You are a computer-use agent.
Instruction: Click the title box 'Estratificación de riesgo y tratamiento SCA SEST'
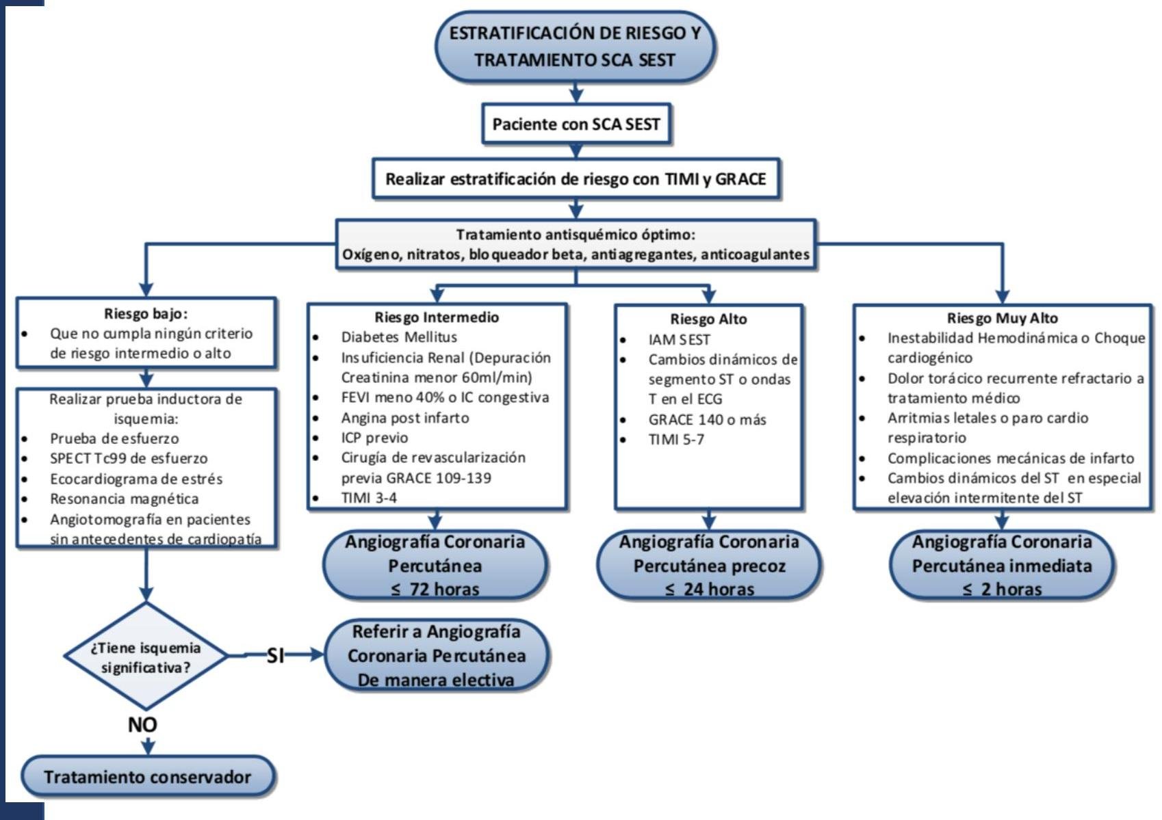(x=575, y=47)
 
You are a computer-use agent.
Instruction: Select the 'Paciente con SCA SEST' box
(x=576, y=124)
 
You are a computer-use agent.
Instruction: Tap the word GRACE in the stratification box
(x=740, y=179)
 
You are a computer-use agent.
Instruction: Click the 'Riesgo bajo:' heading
(x=146, y=314)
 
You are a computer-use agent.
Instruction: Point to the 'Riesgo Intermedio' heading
(x=437, y=317)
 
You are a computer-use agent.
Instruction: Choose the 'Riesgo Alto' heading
(x=708, y=319)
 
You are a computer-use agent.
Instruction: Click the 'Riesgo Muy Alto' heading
(x=1002, y=318)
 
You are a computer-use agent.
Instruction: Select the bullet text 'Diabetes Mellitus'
(x=399, y=337)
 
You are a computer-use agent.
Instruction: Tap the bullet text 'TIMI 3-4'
(x=369, y=498)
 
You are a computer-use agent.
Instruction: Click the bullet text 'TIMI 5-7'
(x=676, y=440)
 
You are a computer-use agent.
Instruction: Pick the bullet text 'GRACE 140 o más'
(x=707, y=420)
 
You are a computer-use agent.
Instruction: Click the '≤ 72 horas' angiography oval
(x=435, y=566)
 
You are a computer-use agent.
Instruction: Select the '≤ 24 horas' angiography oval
(x=709, y=566)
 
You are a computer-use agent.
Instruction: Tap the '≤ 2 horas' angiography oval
(x=1002, y=566)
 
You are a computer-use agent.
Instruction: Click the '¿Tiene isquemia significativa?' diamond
(x=146, y=657)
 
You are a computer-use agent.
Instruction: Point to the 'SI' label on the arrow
(x=275, y=656)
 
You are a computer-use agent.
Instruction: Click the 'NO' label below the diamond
(x=142, y=724)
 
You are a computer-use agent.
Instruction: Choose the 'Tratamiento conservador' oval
(x=147, y=777)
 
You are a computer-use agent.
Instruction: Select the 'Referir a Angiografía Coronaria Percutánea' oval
(x=436, y=655)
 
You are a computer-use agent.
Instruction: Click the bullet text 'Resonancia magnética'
(x=124, y=499)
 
